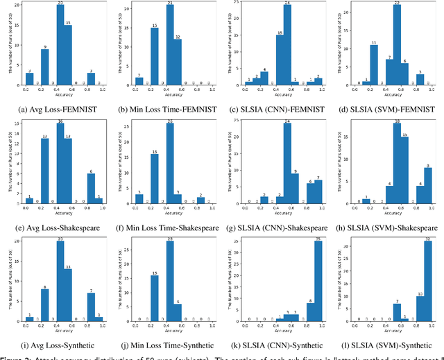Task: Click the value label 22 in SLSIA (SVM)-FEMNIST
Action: coord(398,3)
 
